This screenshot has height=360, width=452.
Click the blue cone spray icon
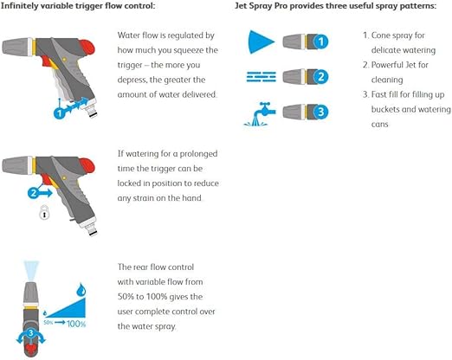tap(261, 42)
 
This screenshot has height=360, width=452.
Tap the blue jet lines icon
tap(262, 77)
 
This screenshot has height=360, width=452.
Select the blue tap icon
tap(260, 114)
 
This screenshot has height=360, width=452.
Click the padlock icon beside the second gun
tap(44, 212)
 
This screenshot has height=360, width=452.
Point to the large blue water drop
tap(81, 290)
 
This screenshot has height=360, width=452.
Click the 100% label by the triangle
tap(76, 324)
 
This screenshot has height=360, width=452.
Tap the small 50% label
tap(48, 323)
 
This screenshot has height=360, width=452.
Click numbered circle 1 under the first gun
tap(60, 112)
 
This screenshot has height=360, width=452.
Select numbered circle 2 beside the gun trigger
tap(34, 193)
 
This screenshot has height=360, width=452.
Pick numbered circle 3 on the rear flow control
tap(30, 333)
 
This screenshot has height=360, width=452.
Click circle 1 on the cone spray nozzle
tap(320, 42)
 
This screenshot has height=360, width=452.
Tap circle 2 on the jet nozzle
tap(320, 77)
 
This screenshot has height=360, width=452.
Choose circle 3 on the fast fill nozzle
tap(320, 112)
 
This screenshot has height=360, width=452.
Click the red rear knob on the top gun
tap(87, 48)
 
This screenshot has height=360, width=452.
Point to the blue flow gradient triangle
tap(70, 310)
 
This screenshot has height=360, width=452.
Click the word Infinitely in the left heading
tap(19, 6)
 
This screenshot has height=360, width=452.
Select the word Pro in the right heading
tap(281, 6)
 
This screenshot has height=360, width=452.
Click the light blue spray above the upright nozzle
tap(31, 270)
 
